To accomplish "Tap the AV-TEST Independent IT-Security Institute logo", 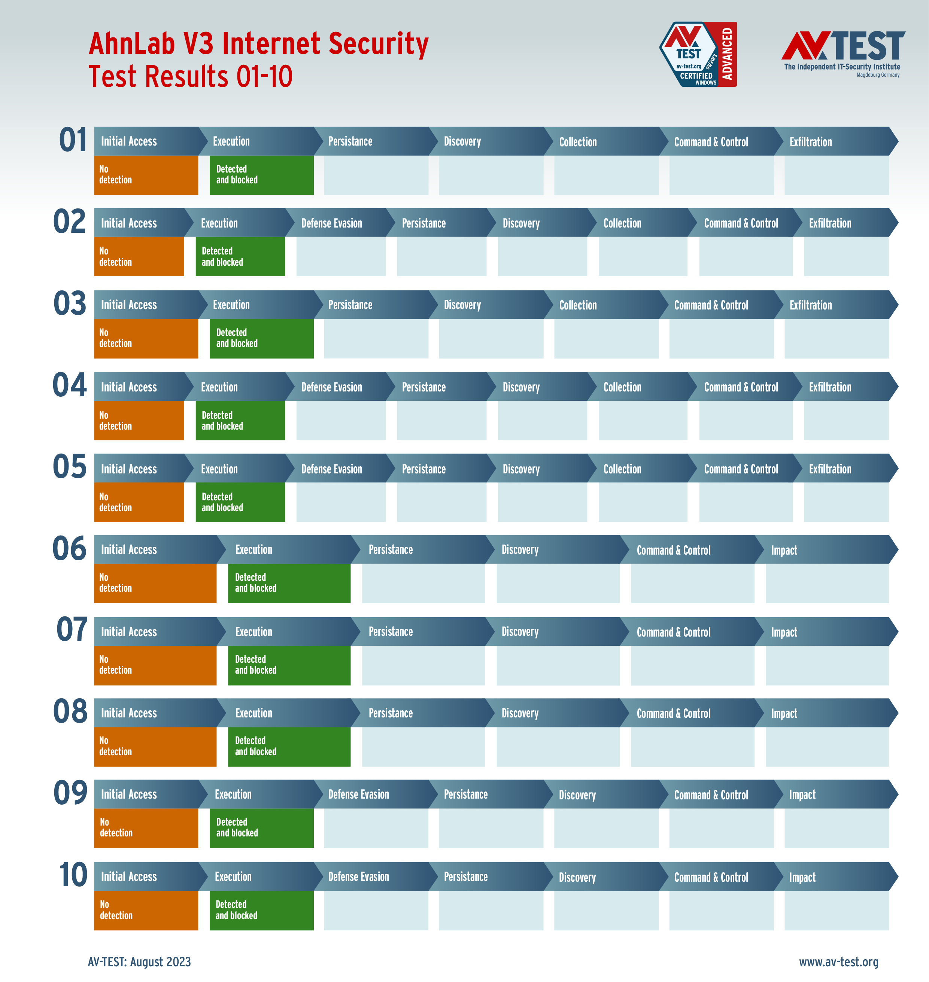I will click(843, 54).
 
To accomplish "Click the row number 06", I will click(69, 549).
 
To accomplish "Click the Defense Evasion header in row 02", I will click(331, 223).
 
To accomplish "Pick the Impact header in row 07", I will click(784, 632).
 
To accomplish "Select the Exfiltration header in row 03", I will click(810, 305).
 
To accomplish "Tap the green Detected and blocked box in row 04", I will click(240, 420).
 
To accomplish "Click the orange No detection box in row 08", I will click(155, 746).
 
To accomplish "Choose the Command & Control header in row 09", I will click(711, 795).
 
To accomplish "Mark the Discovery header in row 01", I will click(462, 141).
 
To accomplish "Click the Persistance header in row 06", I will click(390, 550).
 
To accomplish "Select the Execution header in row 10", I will click(233, 876).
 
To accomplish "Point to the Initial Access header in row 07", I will click(129, 632).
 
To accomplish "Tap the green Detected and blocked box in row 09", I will click(261, 827).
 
